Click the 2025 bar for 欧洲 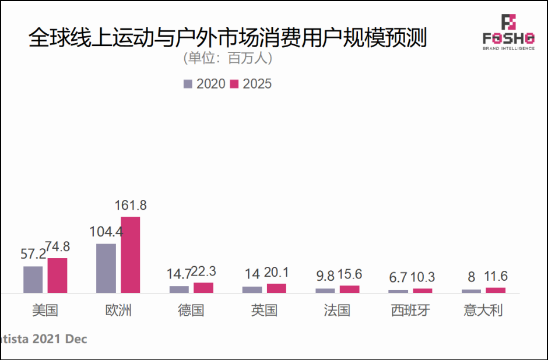pyautogui.click(x=130, y=255)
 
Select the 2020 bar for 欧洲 pyautogui.click(x=106, y=268)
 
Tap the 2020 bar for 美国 pyautogui.click(x=33, y=280)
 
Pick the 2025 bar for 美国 pyautogui.click(x=57, y=276)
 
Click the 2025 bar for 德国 pyautogui.click(x=203, y=288)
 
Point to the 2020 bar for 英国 pyautogui.click(x=252, y=290)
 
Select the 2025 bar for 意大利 pyautogui.click(x=496, y=290)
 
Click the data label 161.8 pyautogui.click(x=130, y=205)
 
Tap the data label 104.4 pyautogui.click(x=106, y=231)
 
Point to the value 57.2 pyautogui.click(x=33, y=254)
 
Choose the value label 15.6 pyautogui.click(x=350, y=274)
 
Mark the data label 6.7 pyautogui.click(x=398, y=278)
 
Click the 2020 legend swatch pyautogui.click(x=188, y=84)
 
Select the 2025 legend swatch pyautogui.click(x=234, y=84)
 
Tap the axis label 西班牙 pyautogui.click(x=410, y=310)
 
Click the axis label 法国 pyautogui.click(x=337, y=310)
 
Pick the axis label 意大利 pyautogui.click(x=483, y=310)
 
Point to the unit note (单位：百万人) pyautogui.click(x=228, y=59)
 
